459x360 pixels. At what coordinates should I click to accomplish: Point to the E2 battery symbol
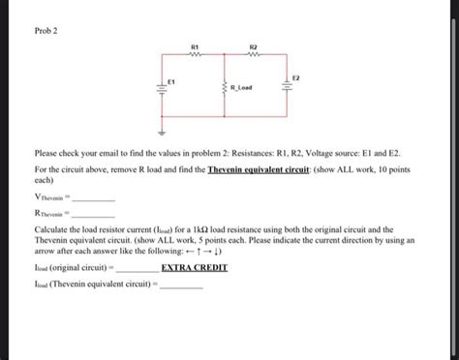(285, 89)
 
